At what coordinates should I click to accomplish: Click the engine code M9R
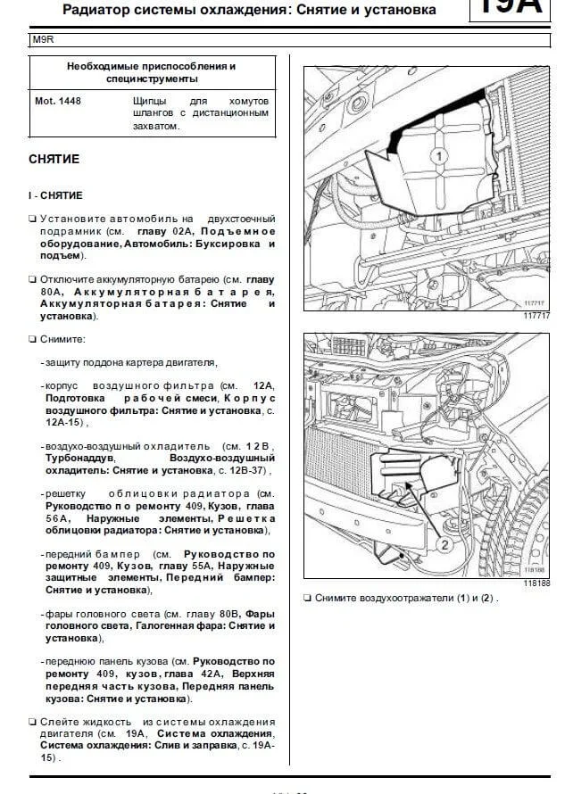tap(42, 40)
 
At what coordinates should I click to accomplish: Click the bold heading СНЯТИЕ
tap(54, 159)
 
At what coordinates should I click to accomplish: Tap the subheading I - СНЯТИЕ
tap(55, 194)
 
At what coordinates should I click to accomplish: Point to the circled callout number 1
tap(437, 155)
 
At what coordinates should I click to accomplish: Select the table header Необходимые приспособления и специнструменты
tap(152, 72)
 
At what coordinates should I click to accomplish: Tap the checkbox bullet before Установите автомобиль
tap(32, 219)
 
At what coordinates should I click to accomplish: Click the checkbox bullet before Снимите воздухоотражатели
tap(307, 598)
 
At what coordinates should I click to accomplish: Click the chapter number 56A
tap(55, 518)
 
